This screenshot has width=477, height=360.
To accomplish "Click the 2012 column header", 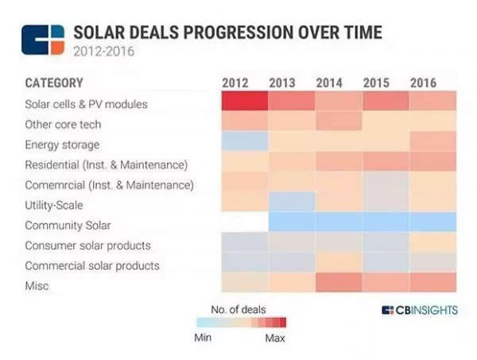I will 237,83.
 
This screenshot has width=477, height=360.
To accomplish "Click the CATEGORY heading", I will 54,83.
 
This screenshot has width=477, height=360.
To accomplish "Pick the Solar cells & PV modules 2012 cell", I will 244,103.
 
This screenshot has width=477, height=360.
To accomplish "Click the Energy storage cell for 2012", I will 244,143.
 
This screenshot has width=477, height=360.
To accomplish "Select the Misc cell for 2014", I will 339,285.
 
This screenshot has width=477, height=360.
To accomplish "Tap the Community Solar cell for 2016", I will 433,224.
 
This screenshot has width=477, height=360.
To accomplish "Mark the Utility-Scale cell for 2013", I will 292,203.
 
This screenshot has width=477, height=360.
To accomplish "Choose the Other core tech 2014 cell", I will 339,123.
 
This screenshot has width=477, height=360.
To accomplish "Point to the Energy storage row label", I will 63,144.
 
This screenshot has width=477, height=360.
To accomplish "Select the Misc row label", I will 37,285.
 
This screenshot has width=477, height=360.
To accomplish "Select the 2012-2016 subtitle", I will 103,52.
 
